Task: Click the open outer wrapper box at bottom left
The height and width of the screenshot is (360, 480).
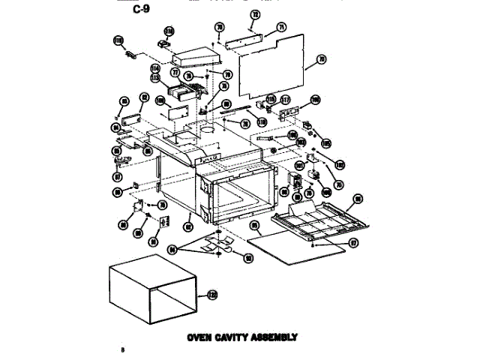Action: click(154, 292)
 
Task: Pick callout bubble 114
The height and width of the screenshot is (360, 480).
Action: click(156, 68)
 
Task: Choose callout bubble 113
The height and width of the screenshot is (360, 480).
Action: click(156, 77)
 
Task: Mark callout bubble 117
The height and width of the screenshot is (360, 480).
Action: click(285, 100)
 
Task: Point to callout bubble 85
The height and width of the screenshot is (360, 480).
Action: click(255, 224)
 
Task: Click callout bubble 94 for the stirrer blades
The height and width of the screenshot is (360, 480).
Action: click(174, 249)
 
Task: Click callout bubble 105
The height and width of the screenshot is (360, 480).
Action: click(325, 142)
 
